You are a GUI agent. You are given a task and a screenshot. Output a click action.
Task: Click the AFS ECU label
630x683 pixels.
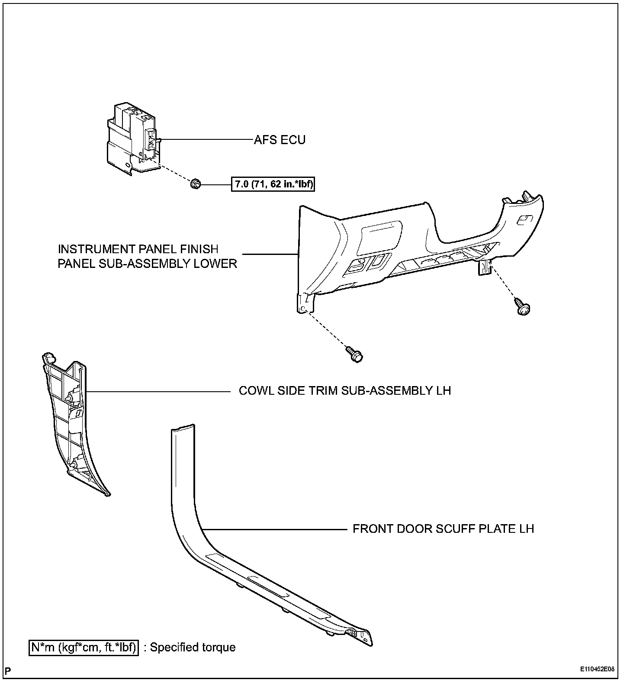[280, 140]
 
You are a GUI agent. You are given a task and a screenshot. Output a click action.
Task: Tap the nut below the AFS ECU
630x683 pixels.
[194, 184]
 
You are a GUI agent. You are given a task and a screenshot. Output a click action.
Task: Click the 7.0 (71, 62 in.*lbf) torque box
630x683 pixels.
[273, 185]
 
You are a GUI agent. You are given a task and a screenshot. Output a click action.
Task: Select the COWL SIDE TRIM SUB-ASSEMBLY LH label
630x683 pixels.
[345, 391]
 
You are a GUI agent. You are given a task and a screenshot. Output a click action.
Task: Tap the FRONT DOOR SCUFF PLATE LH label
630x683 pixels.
[443, 529]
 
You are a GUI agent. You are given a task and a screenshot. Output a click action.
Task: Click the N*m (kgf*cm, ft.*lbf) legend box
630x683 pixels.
[84, 648]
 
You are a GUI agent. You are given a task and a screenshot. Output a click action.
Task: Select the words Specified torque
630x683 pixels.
[193, 648]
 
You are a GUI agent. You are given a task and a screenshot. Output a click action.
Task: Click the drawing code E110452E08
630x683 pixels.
[597, 669]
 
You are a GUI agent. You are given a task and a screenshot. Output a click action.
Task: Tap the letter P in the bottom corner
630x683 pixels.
[8, 671]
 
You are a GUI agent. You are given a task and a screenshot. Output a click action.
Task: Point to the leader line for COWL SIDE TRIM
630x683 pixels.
[158, 392]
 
